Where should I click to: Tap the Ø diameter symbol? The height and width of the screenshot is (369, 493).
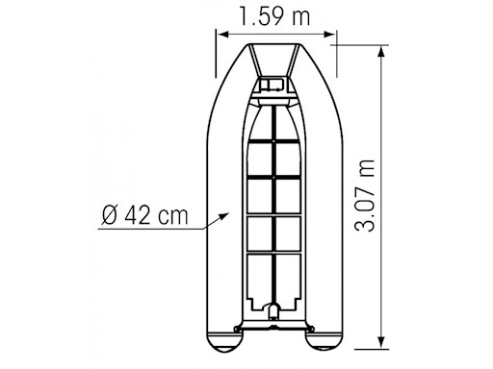coord(108,214)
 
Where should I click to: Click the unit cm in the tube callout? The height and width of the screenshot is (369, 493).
coord(173,215)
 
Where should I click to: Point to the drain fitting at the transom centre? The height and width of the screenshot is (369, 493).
coord(273,312)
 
